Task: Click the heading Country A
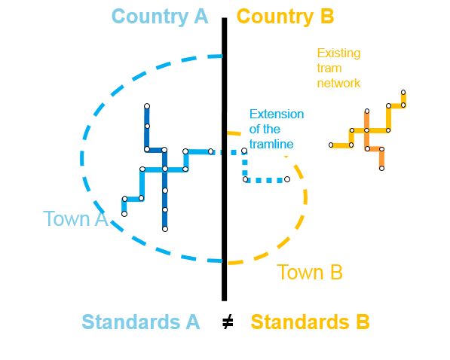(x=160, y=17)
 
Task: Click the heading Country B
(x=286, y=17)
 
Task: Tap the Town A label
(x=75, y=218)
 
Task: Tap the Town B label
(x=310, y=272)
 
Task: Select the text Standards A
(x=141, y=322)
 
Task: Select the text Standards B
(x=310, y=322)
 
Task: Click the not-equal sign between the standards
(x=228, y=322)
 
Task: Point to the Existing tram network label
(x=338, y=69)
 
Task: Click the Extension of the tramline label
(x=277, y=129)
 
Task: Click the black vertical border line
(x=224, y=159)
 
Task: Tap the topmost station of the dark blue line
(x=147, y=106)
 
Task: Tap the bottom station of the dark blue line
(x=165, y=229)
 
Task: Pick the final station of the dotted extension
(x=287, y=179)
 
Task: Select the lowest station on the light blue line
(x=124, y=214)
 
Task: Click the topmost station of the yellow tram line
(x=403, y=93)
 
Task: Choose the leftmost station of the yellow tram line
(x=331, y=145)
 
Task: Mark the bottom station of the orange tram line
(x=381, y=169)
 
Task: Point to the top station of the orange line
(x=367, y=111)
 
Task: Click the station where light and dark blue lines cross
(x=165, y=169)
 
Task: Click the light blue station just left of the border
(x=210, y=151)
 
